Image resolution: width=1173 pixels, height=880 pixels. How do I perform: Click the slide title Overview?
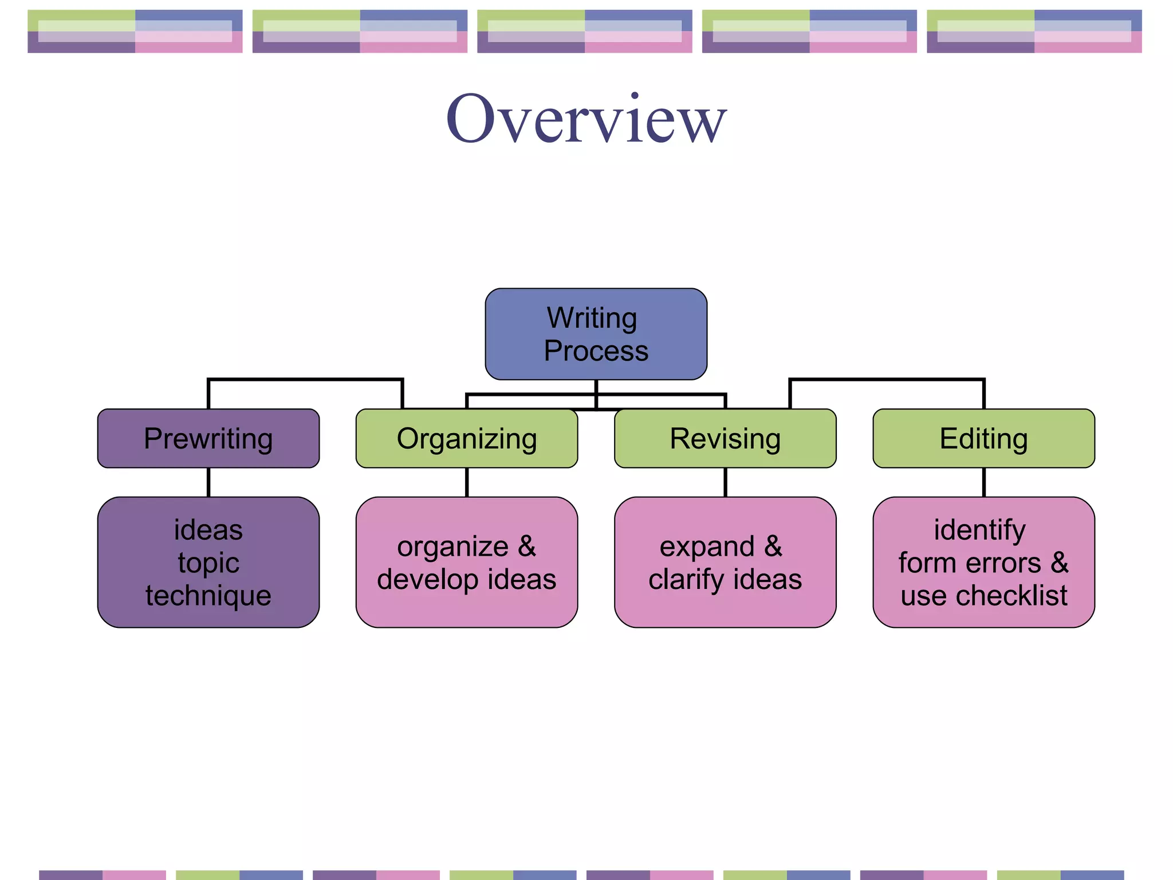coord(586,119)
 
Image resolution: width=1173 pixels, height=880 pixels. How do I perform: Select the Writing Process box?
coord(596,334)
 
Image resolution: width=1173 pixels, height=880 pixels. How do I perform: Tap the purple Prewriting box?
coord(208,439)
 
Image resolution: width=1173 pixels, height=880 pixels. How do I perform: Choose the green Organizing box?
coord(467,439)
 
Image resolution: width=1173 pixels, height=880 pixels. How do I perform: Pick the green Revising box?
coord(725,439)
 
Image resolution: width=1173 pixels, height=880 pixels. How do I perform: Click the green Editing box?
coord(983,439)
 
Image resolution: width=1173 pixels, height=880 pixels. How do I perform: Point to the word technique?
coord(208,596)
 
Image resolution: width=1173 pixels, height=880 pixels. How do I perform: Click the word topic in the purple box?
coord(208,563)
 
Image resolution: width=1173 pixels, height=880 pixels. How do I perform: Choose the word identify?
coord(979,531)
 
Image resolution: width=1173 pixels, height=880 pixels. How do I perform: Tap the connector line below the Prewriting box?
coord(208,482)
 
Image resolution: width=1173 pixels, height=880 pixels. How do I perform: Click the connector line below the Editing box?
coord(983,482)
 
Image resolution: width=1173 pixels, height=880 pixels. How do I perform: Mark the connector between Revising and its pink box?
coord(725,482)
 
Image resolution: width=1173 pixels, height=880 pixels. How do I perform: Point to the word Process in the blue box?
coord(596,351)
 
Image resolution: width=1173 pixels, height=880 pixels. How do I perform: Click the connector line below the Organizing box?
coord(467,482)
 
